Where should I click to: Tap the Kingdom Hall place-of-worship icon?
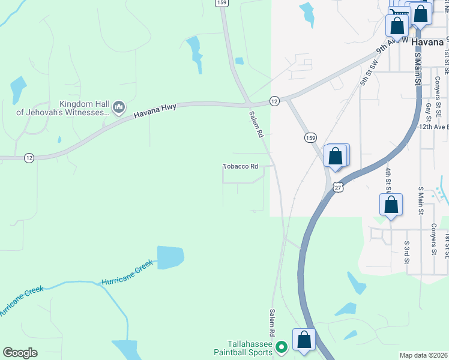tap(119, 107)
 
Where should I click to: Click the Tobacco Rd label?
tap(240, 166)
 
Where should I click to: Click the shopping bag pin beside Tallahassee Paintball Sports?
tap(304, 339)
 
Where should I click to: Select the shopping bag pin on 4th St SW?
tap(391, 204)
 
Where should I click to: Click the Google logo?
tap(20, 353)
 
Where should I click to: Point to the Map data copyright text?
tap(424, 355)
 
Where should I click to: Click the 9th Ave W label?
tap(392, 46)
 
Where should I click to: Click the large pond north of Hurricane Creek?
tap(170, 257)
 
